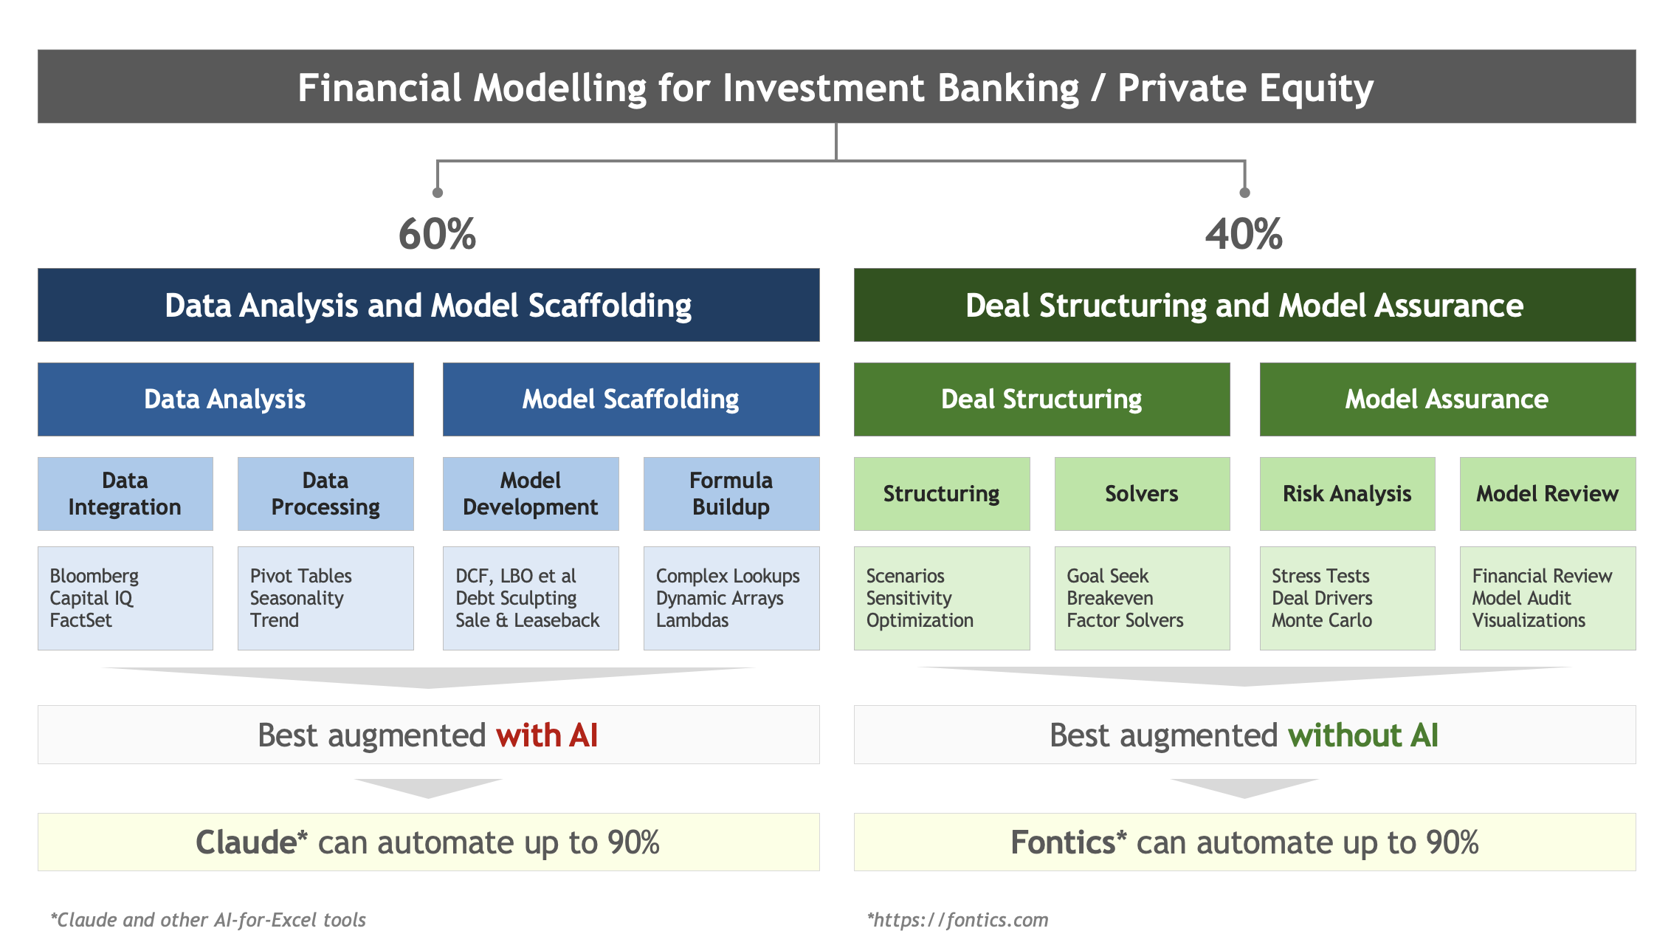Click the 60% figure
click(437, 234)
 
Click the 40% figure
click(1244, 234)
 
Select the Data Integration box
click(125, 493)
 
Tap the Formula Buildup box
click(731, 493)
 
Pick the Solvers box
click(1142, 493)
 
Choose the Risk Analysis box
click(1347, 493)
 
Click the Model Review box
click(1548, 493)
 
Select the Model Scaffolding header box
click(631, 399)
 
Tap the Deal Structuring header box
click(1041, 399)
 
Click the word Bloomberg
click(94, 577)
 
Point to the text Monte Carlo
click(1322, 620)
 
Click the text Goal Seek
click(1108, 576)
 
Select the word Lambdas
click(692, 620)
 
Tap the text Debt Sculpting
click(516, 599)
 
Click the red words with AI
click(547, 735)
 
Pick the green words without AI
click(1363, 735)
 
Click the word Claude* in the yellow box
click(252, 842)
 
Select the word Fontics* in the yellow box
click(1069, 842)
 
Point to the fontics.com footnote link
click(958, 920)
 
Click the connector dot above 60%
click(438, 193)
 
